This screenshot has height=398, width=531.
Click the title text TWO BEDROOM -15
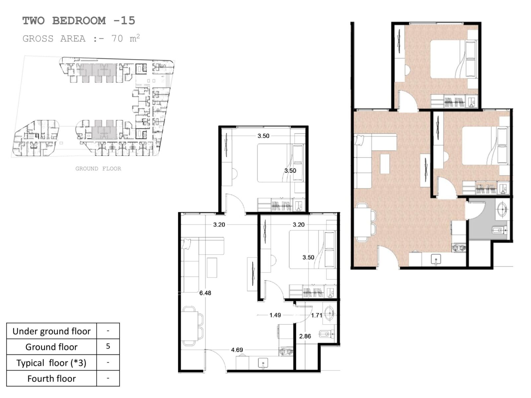pos(79,21)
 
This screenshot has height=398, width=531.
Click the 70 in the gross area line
pos(117,39)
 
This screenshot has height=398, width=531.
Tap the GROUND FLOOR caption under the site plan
pos(98,169)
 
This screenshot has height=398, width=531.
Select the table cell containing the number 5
pos(108,347)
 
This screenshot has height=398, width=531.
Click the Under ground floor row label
pos(51,331)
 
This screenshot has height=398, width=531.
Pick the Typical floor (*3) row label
pos(51,363)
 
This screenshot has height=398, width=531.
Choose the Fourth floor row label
pos(51,378)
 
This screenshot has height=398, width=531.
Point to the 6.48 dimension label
pos(205,293)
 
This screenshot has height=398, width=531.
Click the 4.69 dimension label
pos(237,350)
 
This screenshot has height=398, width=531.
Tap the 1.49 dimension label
pos(275,315)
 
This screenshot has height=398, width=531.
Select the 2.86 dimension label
pos(305,336)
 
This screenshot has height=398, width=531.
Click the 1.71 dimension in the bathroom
pos(316,315)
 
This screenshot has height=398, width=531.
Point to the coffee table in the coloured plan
pos(385,164)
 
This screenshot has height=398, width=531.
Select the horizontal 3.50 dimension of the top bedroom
pos(263,136)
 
